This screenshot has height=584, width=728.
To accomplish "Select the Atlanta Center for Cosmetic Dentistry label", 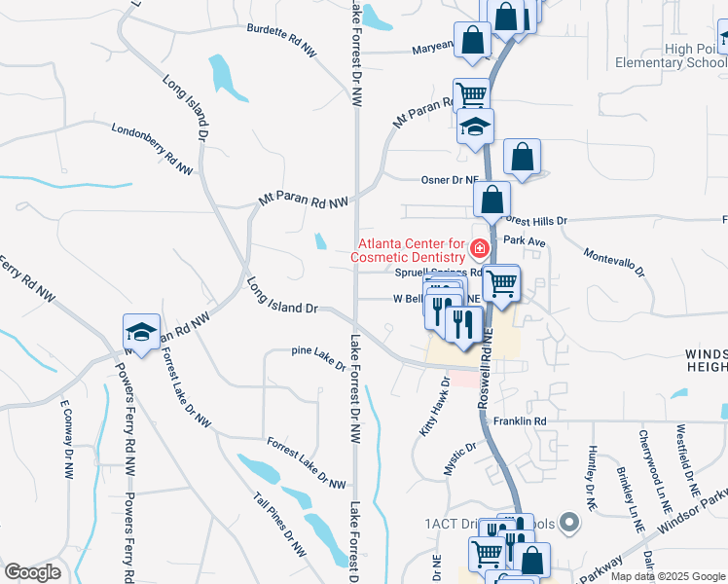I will click(412, 250).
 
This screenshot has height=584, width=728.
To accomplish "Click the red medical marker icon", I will click(479, 249).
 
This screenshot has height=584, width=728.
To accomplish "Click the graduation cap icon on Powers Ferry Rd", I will click(142, 332).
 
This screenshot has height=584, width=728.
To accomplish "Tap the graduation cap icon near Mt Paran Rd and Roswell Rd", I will click(476, 128).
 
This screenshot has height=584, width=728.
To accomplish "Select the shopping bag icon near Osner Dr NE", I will click(522, 157).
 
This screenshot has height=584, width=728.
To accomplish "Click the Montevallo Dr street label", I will click(614, 262).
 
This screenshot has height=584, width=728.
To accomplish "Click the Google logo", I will click(32, 572).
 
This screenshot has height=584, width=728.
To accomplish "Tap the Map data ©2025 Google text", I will click(668, 576).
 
